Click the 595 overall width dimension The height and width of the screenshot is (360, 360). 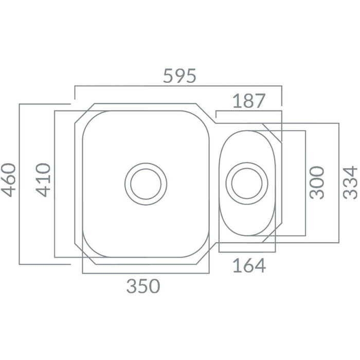click(179, 76)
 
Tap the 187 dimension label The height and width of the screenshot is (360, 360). click(248, 101)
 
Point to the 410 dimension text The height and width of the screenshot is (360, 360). click(44, 179)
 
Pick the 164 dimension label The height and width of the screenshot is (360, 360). click(249, 266)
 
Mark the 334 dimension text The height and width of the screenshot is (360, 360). click(350, 183)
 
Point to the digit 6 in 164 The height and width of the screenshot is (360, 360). click(248, 266)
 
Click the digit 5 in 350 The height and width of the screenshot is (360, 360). click(144, 286)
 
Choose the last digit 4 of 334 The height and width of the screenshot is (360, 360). click(350, 171)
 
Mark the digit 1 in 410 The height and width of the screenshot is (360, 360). click(44, 180)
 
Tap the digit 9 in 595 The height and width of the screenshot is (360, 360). click(179, 76)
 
